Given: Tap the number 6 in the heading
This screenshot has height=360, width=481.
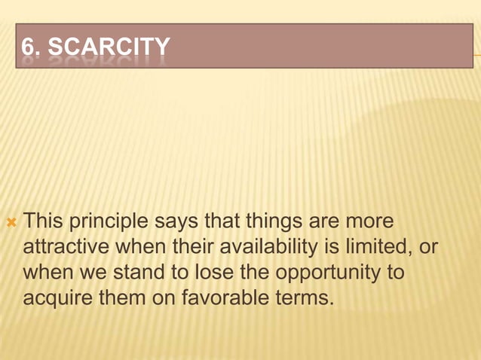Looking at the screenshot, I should coord(27,48).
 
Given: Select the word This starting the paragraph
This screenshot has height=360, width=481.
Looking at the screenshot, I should coord(42,223).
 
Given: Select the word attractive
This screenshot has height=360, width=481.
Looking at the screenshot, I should coord(67,248).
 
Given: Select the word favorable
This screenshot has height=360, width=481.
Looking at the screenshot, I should coord(222,297).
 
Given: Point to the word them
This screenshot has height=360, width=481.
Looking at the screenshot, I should coord(122,297).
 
